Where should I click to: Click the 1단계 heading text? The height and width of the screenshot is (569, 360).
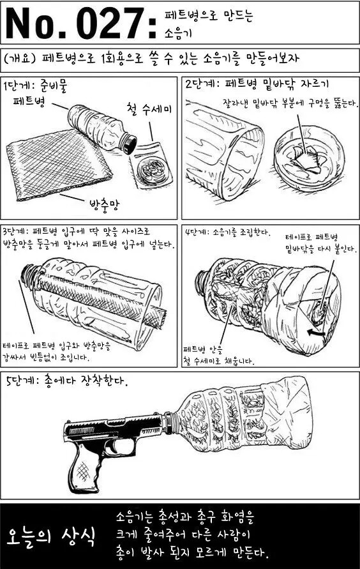(x=17, y=86)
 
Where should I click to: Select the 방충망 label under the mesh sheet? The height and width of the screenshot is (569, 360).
(x=104, y=206)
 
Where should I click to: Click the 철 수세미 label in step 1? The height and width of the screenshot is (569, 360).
(x=149, y=109)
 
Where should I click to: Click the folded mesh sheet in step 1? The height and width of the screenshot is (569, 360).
(x=58, y=163)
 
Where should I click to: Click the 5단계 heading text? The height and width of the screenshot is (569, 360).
(x=20, y=381)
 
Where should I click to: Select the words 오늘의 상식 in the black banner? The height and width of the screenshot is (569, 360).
(x=52, y=536)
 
